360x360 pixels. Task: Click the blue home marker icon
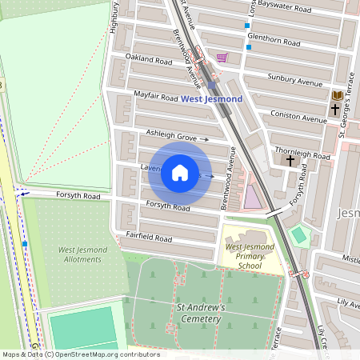[x=180, y=174]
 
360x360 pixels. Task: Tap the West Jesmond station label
[x=211, y=99]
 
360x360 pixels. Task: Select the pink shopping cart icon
[x=222, y=58]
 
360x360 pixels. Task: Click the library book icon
[x=338, y=95]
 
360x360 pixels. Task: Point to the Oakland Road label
[x=149, y=60]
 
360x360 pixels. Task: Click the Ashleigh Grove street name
[x=170, y=135]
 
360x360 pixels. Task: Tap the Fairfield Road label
[x=149, y=238]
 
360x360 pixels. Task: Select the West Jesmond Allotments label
[x=80, y=254]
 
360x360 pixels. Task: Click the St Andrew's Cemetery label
[x=198, y=313]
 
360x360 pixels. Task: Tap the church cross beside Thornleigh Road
[x=290, y=160]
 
